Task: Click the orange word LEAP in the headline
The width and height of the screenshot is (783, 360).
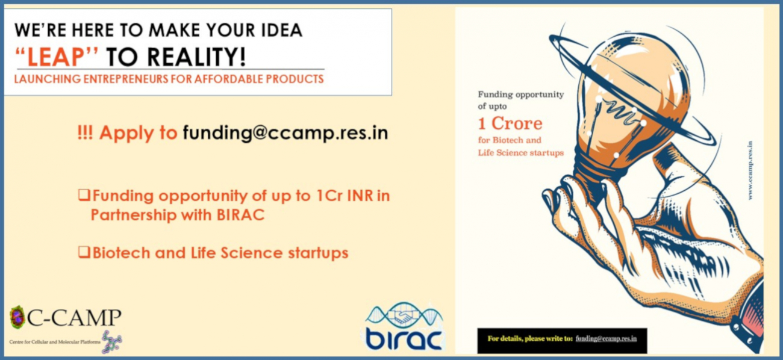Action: click(56, 57)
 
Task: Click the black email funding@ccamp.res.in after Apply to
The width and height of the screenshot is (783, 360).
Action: click(285, 133)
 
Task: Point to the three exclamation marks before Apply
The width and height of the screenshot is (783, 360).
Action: click(85, 133)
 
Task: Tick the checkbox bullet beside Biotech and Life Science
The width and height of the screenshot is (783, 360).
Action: click(84, 252)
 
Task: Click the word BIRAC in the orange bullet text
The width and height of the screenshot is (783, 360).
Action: click(240, 215)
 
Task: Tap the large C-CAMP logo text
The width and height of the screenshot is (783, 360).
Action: click(75, 317)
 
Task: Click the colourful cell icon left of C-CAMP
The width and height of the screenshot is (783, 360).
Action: click(17, 317)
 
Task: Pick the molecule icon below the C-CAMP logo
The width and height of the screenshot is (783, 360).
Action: click(112, 342)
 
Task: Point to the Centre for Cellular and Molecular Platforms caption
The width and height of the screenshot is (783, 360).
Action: click(55, 342)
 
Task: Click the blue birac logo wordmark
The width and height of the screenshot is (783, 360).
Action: click(404, 338)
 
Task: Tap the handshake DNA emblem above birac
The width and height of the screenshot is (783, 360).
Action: click(404, 315)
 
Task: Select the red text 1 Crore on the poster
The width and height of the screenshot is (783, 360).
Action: click(510, 123)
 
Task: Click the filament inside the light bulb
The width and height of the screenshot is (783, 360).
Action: click(621, 112)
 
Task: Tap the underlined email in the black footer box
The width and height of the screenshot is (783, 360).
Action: click(606, 339)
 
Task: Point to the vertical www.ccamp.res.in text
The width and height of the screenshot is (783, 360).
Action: click(750, 170)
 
